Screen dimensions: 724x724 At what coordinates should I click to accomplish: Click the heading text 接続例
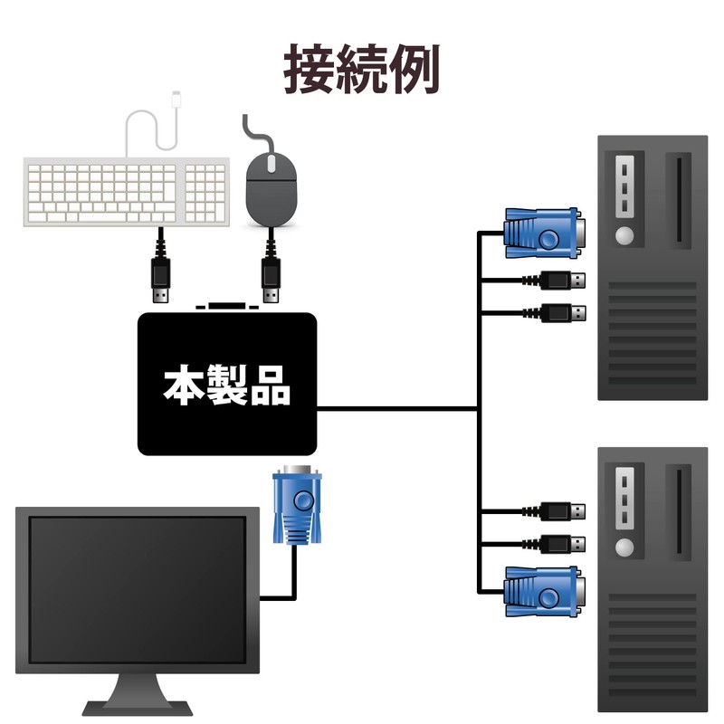(362, 69)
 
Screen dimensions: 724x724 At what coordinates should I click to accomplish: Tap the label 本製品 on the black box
(227, 385)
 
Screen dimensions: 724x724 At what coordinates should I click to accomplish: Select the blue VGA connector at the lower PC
(542, 589)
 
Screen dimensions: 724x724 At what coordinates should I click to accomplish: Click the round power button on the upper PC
(624, 237)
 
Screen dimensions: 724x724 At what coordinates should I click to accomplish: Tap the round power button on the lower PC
(624, 548)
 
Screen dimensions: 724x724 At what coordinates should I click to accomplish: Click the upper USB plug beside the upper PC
(562, 280)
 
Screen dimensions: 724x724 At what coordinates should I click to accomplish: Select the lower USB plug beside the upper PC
(562, 313)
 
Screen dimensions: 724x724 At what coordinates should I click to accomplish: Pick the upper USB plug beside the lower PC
(562, 511)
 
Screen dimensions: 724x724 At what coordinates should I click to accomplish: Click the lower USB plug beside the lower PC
(562, 545)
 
